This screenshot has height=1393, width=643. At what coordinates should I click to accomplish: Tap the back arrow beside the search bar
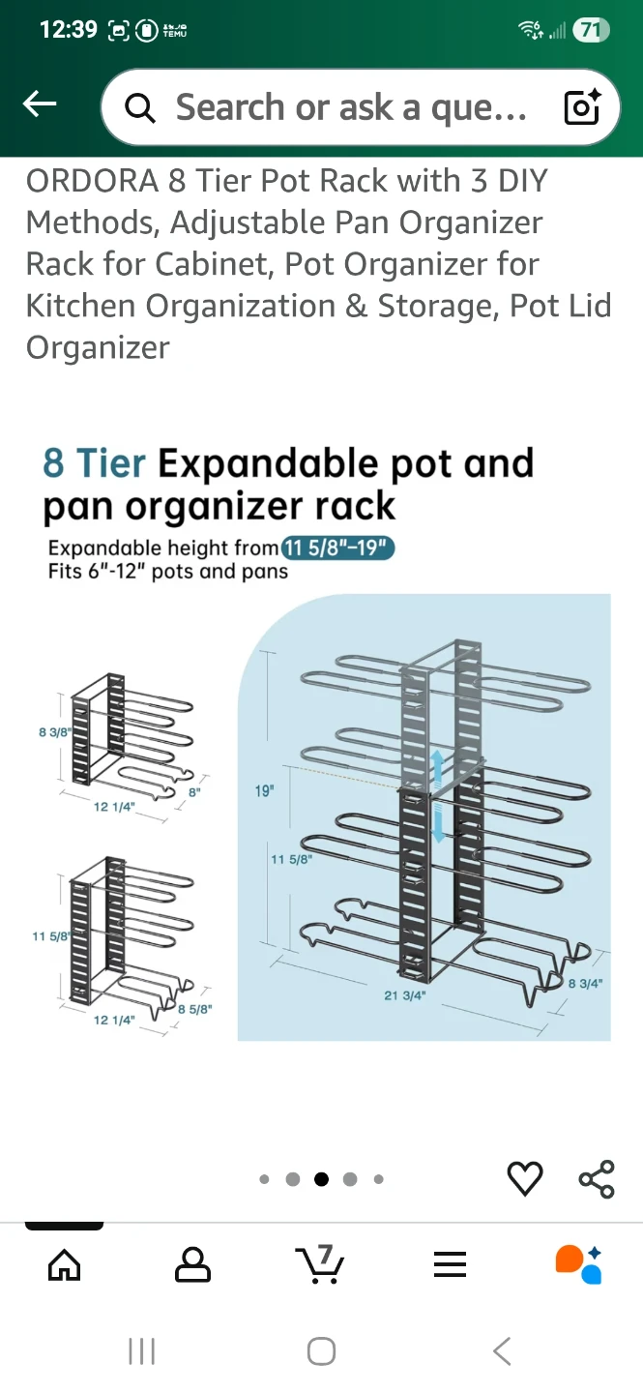pos(40,104)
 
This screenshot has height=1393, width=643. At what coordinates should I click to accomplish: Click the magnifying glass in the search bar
pos(139,108)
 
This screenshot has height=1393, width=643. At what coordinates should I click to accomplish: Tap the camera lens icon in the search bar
pos(582,107)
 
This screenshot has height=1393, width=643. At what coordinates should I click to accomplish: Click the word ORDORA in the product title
pos(92,181)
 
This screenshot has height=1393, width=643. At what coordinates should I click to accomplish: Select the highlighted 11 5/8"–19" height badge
pos(337,548)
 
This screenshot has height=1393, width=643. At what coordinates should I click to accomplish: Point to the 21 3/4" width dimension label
pos(404,995)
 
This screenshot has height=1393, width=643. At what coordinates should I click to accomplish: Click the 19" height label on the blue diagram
pos(264,790)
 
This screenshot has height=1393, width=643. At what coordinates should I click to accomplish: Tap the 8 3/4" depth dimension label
pos(585,983)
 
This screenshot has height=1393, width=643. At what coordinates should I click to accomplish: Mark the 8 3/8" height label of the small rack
pos(55,732)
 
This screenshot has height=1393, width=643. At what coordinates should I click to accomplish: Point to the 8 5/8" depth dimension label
pos(194,1009)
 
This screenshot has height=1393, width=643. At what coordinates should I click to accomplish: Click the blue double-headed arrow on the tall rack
pos(438,796)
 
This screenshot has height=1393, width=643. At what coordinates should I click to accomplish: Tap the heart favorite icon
pos(525,1178)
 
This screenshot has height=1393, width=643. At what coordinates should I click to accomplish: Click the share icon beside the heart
pos(597,1178)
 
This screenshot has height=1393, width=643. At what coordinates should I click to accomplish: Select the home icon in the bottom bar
pos(65,1264)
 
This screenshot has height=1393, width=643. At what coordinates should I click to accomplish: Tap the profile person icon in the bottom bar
pos(192,1264)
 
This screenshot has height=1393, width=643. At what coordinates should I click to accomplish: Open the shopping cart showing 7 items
pos(320,1263)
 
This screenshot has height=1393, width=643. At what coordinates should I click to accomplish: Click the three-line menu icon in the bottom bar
pos(451,1264)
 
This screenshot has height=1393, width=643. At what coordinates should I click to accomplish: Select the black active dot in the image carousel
pos(321,1179)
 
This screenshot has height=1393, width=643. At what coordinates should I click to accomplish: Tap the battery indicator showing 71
pos(592,30)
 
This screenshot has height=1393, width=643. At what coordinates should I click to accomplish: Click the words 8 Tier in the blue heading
pos(94,463)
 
